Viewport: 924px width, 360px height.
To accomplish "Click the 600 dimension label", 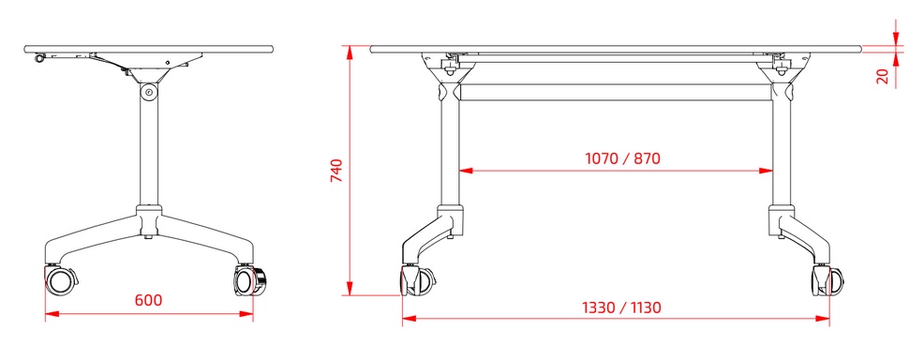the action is (x=148, y=300).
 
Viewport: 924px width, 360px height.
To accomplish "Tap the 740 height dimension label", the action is (x=335, y=171).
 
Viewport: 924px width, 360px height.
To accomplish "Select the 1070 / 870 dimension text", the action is (x=622, y=158).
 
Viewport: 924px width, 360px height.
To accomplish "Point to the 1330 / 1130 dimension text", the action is (x=621, y=307).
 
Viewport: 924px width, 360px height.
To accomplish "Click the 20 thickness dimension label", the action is (x=882, y=77).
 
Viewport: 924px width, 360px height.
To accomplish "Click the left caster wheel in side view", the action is (x=60, y=280).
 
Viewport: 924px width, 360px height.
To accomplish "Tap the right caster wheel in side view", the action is (x=250, y=281).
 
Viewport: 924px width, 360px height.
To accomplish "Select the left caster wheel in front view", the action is (x=417, y=280).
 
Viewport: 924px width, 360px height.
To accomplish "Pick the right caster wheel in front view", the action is (x=827, y=280).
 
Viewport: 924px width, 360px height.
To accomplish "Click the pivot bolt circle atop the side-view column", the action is (x=148, y=92).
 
